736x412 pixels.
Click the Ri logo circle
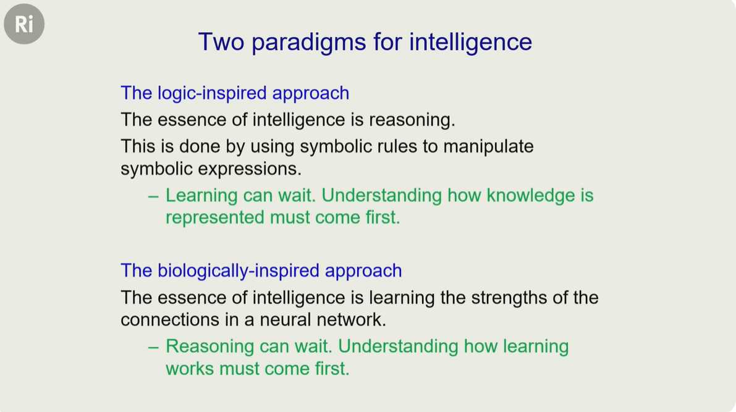(24, 24)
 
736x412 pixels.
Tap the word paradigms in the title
(308, 43)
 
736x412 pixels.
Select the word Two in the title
(221, 41)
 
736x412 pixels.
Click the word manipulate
(488, 146)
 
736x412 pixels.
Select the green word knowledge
(531, 196)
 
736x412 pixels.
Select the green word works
(190, 369)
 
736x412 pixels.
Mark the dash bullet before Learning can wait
(153, 196)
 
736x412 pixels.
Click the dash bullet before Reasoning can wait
(153, 348)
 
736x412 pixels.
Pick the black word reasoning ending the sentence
(412, 120)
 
